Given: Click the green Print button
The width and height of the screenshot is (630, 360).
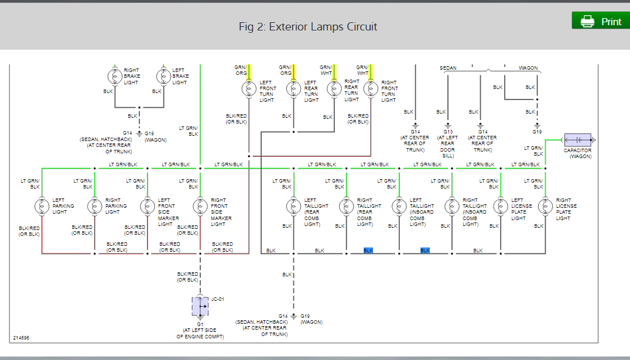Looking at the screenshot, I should pos(601,22).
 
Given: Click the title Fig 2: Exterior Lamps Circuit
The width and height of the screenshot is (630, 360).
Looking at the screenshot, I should pos(308,27).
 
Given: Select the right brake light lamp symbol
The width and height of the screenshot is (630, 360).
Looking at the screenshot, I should pos(113,76).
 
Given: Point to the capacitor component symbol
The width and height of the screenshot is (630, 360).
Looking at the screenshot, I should pos(577,140).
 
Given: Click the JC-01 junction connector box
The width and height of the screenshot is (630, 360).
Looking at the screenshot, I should pos(200,306).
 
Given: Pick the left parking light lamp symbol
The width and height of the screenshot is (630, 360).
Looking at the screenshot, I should pos(42,206).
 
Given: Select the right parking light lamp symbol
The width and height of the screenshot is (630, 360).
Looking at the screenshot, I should pos(95,206).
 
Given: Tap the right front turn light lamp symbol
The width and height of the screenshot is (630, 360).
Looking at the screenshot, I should pos(370,88).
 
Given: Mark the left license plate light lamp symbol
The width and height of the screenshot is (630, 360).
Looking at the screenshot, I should pos(501,206).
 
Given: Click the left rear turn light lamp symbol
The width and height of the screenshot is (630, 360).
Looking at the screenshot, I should pos(293,88).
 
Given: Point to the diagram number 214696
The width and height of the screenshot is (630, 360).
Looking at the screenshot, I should pos(21,338).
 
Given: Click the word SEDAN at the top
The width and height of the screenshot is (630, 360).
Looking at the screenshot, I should pos(448,68).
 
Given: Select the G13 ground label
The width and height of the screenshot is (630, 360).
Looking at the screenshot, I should pos(448,132).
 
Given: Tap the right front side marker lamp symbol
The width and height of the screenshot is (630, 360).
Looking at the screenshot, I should pos(200,206).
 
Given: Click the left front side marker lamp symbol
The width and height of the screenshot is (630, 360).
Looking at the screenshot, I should pos(148,206).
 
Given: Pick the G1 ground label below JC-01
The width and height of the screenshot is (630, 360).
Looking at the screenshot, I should pos(200,324).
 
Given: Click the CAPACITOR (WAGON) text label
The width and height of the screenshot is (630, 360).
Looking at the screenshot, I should pos(577,153).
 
